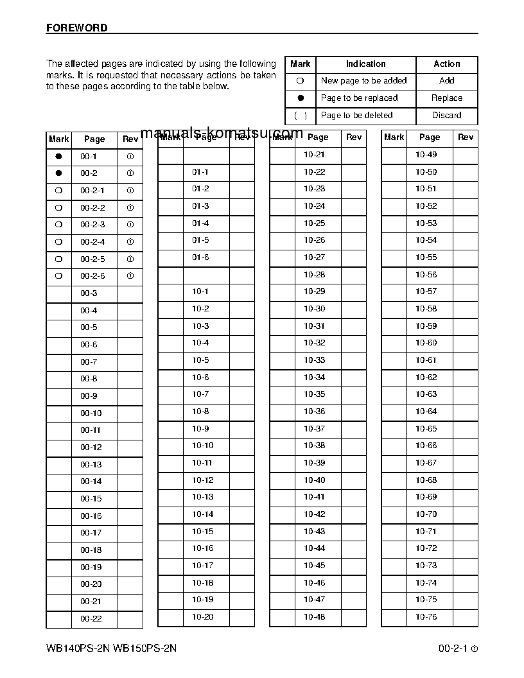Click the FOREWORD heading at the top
(x=77, y=28)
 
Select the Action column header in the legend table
(x=447, y=64)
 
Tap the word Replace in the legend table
(x=447, y=98)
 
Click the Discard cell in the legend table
(x=447, y=116)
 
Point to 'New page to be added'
(x=363, y=81)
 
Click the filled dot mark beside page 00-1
(x=59, y=156)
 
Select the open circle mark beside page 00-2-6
(x=59, y=276)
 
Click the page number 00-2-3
(x=92, y=225)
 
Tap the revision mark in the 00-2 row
(x=130, y=173)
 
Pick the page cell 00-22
(x=91, y=619)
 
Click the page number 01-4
(x=200, y=223)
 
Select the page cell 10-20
(x=203, y=617)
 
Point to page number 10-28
(x=315, y=275)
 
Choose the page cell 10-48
(x=315, y=617)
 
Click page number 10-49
(x=426, y=155)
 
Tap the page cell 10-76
(x=426, y=617)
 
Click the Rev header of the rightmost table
(x=466, y=137)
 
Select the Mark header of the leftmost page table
(x=59, y=139)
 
